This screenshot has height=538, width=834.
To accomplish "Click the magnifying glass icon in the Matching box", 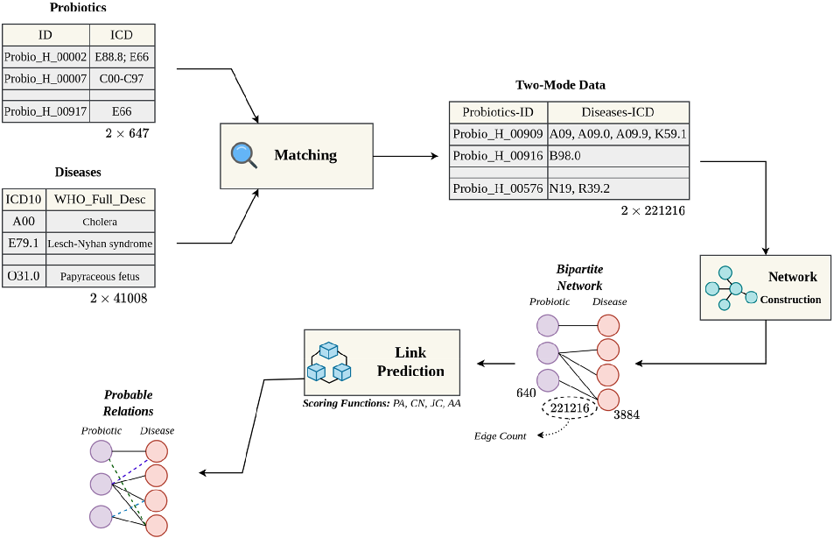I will pyautogui.click(x=244, y=155).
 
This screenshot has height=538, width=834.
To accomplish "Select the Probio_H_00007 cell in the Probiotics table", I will pyautogui.click(x=46, y=79).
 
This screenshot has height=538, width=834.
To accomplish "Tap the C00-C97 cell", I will pyautogui.click(x=123, y=79).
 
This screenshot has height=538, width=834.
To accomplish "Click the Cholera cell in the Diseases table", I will pyautogui.click(x=100, y=222).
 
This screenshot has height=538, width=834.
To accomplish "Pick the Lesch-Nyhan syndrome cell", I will pyautogui.click(x=100, y=243).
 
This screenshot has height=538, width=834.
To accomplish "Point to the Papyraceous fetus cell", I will pyautogui.click(x=100, y=276).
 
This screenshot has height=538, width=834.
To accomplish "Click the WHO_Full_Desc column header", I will pyautogui.click(x=100, y=200).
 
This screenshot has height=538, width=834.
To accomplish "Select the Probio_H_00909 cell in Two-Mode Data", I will pyautogui.click(x=498, y=134).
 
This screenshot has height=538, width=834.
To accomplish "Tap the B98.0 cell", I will pyautogui.click(x=618, y=156).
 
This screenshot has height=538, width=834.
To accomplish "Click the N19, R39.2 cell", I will pyautogui.click(x=618, y=188).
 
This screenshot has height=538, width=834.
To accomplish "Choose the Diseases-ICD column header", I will pyautogui.click(x=618, y=112).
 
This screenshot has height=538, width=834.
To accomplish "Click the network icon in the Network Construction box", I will pyautogui.click(x=730, y=287).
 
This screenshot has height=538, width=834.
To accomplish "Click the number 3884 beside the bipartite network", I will pyautogui.click(x=627, y=414).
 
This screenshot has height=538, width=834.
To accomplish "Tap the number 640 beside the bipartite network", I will pyautogui.click(x=526, y=393).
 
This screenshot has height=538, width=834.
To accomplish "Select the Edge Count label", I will pyautogui.click(x=500, y=436).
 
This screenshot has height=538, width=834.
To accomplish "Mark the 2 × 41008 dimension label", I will pyautogui.click(x=118, y=299).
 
